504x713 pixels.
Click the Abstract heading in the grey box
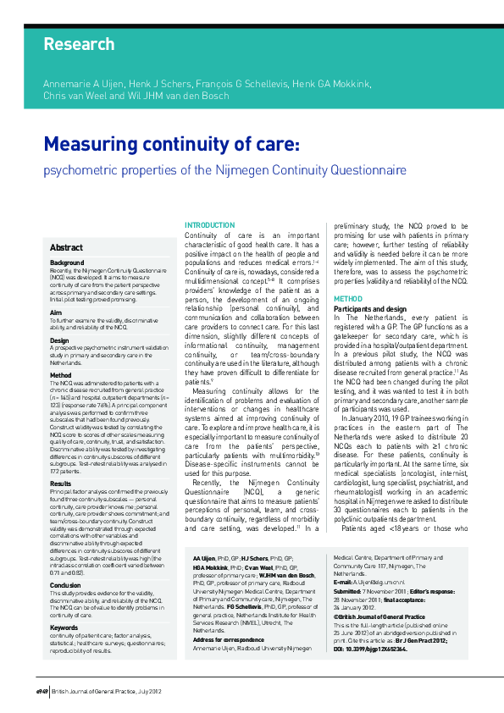click(66, 247)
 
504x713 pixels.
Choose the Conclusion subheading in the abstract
click(65, 561)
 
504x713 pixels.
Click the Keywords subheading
click(64, 603)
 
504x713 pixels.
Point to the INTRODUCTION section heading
click(210, 225)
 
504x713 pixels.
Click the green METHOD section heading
click(348, 299)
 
